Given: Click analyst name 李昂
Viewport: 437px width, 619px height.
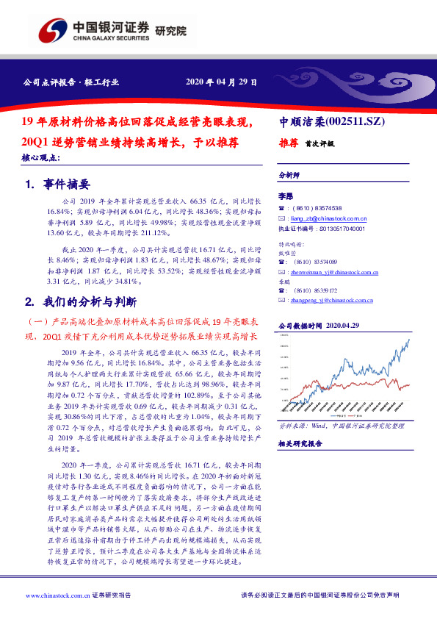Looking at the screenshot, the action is (x=285, y=196).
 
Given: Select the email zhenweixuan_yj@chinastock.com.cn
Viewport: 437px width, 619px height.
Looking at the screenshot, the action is (x=332, y=271).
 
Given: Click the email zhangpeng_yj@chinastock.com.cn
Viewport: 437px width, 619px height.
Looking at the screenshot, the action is (x=330, y=299).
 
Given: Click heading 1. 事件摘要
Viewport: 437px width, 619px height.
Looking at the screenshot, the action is (x=57, y=184).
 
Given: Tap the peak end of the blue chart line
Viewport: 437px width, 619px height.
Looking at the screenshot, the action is (x=409, y=339).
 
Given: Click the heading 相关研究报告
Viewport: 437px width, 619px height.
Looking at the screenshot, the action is (x=300, y=443).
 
